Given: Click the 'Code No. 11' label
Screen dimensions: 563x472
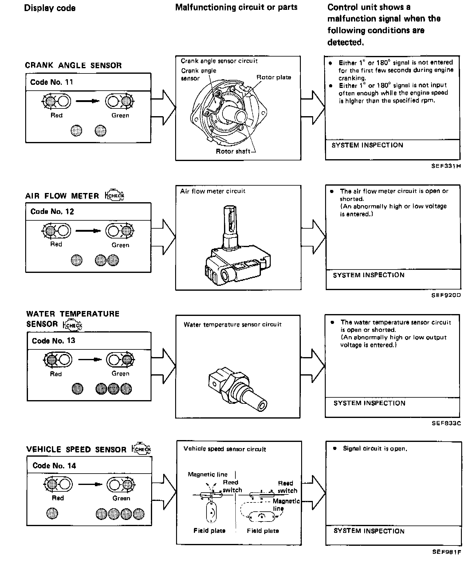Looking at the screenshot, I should pyautogui.click(x=52, y=82).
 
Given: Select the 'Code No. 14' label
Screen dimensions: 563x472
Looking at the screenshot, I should pyautogui.click(x=54, y=466).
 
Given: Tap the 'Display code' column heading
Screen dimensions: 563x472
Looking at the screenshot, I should pyautogui.click(x=50, y=8).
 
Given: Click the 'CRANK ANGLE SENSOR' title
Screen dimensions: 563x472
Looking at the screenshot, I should pyautogui.click(x=73, y=65).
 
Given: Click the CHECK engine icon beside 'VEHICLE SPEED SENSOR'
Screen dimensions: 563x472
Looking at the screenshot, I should pyautogui.click(x=142, y=449).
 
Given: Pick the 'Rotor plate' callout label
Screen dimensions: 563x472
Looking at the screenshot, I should pyautogui.click(x=273, y=77).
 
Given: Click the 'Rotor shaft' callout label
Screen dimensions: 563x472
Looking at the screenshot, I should pyautogui.click(x=233, y=151).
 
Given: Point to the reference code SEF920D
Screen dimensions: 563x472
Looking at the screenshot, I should pyautogui.click(x=446, y=295).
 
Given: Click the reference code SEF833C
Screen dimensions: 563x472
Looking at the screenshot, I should pyautogui.click(x=446, y=423).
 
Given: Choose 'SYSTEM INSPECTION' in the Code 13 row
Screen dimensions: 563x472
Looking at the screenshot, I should pyautogui.click(x=369, y=403).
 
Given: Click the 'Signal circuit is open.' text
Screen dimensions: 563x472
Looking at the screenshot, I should pyautogui.click(x=375, y=449).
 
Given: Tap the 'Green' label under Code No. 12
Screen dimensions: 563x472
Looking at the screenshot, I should pyautogui.click(x=120, y=245).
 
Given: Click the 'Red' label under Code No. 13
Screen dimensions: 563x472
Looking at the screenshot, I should pyautogui.click(x=56, y=374).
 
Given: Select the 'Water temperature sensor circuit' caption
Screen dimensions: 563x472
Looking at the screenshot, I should pyautogui.click(x=232, y=325).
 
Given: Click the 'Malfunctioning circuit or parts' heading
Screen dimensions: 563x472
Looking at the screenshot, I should pyautogui.click(x=236, y=7).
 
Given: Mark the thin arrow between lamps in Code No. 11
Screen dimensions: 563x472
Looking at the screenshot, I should pyautogui.click(x=88, y=101).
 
